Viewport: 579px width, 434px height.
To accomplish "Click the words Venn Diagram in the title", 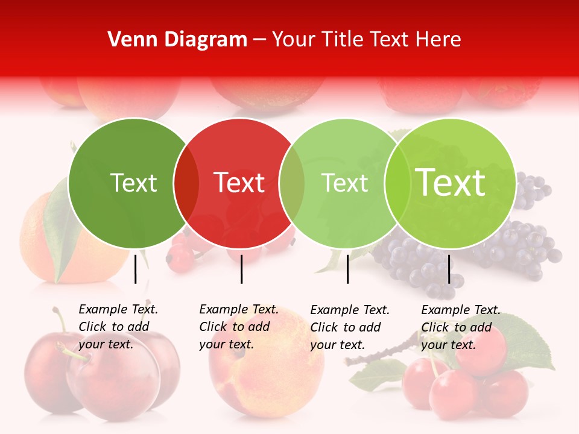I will [177, 40].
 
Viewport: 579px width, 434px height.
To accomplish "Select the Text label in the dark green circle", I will [133, 183].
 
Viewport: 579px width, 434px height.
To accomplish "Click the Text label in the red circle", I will [239, 183].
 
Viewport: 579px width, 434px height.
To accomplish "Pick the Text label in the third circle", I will [345, 183].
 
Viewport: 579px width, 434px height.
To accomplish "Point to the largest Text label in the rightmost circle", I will [451, 183].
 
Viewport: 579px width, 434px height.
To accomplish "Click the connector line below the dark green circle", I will [136, 269].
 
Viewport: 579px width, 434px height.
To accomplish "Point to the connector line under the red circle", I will [241, 269].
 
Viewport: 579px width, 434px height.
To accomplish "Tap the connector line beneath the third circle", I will [348, 269].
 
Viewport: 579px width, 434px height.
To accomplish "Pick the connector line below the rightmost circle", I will [449, 269].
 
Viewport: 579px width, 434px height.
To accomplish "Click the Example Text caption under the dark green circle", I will [118, 327].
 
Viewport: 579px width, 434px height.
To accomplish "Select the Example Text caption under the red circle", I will [238, 327].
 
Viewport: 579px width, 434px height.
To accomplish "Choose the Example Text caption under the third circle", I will [349, 327].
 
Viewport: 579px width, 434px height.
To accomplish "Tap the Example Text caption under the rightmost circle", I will [460, 327].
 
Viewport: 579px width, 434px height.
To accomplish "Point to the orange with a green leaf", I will [42, 241].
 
